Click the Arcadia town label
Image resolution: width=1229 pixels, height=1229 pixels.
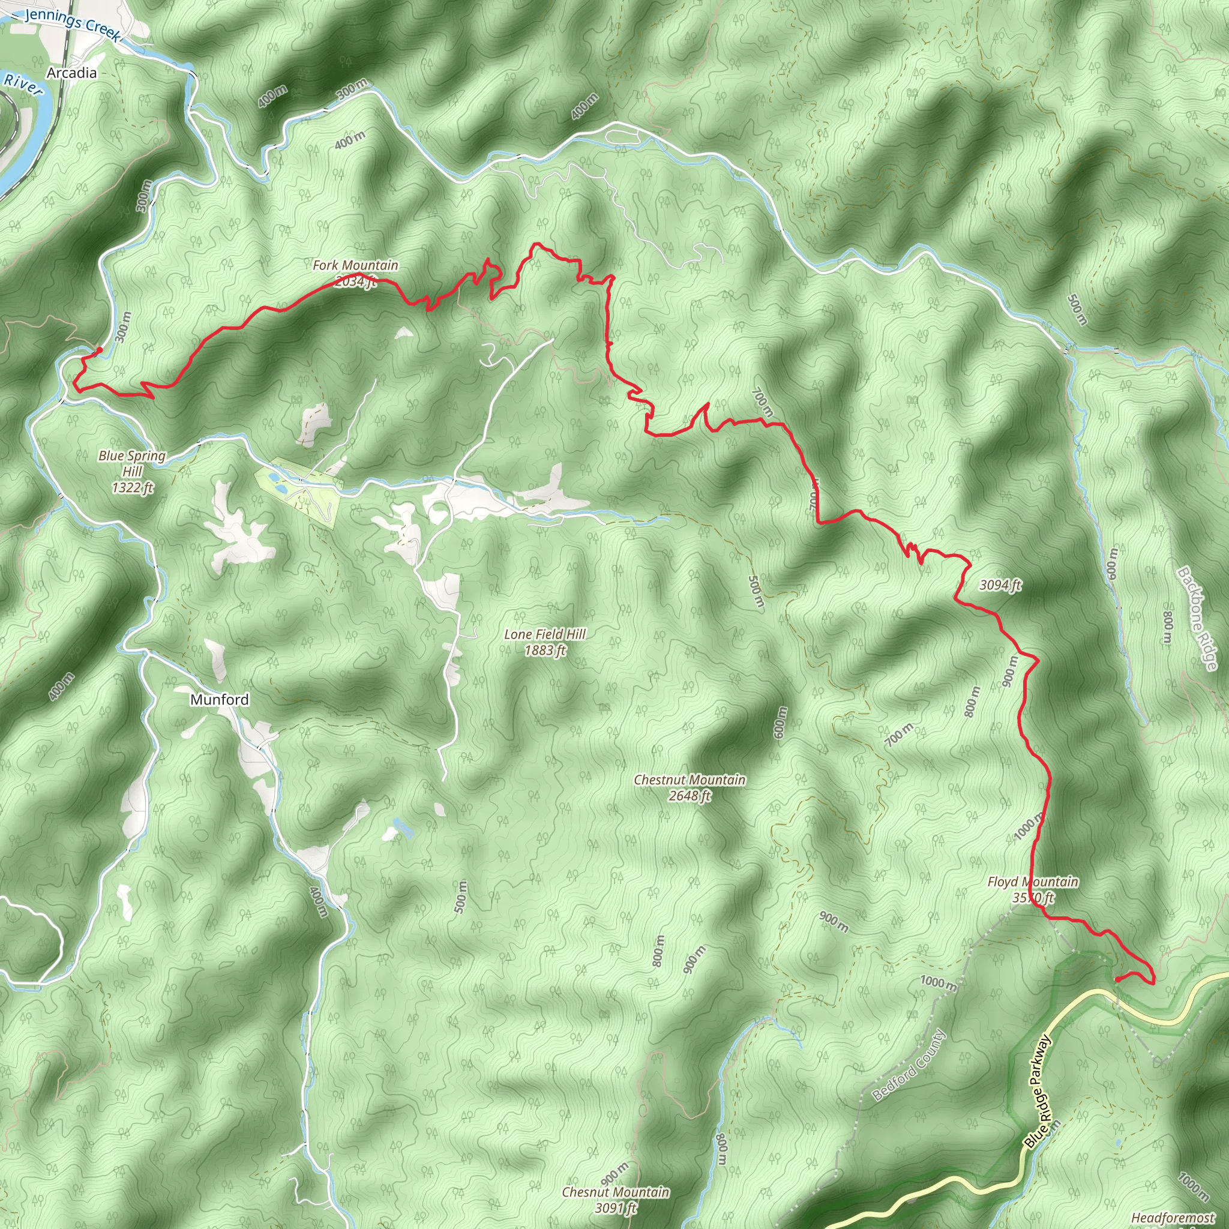(72, 73)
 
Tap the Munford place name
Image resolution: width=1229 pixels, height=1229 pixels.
(220, 700)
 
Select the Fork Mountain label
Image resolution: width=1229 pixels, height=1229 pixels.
(355, 265)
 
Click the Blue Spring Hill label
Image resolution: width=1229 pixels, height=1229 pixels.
(131, 463)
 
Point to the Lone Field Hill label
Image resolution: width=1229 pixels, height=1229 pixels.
(544, 634)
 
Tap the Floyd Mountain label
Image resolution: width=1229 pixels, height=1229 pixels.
(1032, 882)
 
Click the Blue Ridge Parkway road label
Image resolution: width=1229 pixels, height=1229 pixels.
(1038, 1092)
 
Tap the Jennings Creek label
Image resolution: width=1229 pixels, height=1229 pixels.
(71, 23)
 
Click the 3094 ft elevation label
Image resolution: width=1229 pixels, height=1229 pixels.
(1000, 584)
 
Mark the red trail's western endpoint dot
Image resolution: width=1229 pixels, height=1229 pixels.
(99, 350)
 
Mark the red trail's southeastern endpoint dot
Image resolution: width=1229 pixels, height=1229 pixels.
(1117, 979)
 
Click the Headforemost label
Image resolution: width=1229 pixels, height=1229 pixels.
(1173, 1218)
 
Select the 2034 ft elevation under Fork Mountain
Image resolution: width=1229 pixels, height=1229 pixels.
(353, 281)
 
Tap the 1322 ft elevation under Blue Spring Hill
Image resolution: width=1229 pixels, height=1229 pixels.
(132, 488)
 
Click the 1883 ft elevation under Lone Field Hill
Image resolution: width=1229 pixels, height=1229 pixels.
(544, 650)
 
